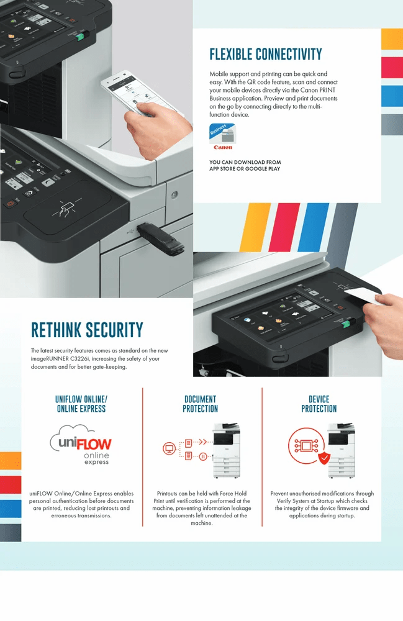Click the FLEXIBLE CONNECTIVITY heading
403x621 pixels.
(x=266, y=54)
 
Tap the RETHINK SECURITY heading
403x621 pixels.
(x=87, y=330)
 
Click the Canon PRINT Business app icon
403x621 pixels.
(x=222, y=134)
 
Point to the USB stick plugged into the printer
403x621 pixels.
(x=160, y=238)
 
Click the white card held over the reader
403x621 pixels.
(x=363, y=295)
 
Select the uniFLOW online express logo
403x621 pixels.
(x=81, y=445)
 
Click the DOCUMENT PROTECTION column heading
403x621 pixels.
(x=201, y=404)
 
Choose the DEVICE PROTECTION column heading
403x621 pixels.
(x=319, y=404)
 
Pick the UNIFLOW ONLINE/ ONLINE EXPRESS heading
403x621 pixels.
(x=81, y=404)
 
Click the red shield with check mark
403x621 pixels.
(x=324, y=458)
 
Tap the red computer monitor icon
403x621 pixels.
(x=170, y=449)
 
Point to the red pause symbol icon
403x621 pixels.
(x=203, y=456)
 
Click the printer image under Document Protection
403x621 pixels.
(x=227, y=450)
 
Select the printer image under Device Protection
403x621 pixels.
(x=341, y=450)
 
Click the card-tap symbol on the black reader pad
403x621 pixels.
(x=66, y=208)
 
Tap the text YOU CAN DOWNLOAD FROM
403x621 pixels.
(x=245, y=162)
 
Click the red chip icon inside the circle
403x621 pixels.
(x=306, y=446)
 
